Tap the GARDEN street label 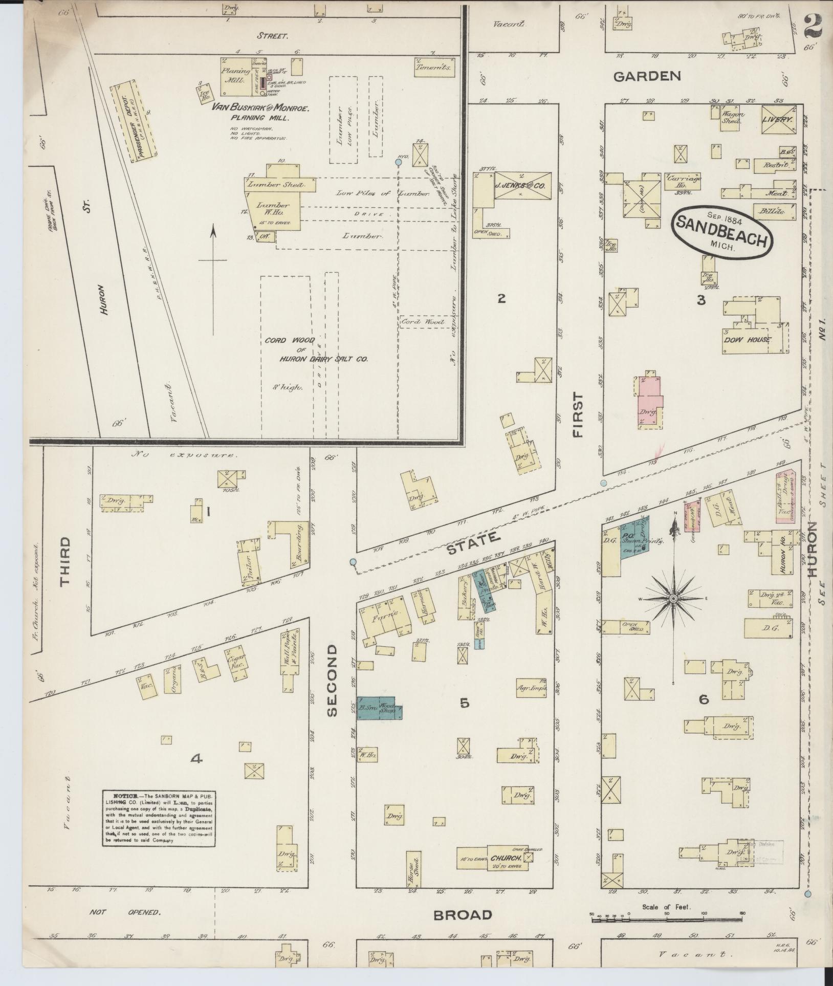click(x=647, y=77)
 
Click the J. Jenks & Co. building click(x=522, y=186)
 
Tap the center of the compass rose click(x=674, y=598)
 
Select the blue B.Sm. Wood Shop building click(x=379, y=708)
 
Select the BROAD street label click(x=463, y=915)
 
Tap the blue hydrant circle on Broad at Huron click(x=807, y=894)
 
